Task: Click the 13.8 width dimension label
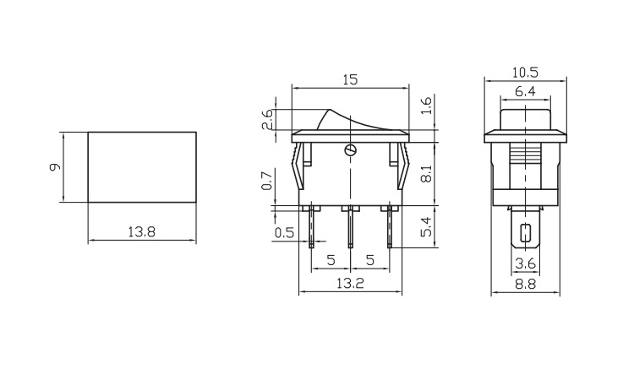141,232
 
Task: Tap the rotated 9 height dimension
55,167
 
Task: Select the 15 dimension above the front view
350,80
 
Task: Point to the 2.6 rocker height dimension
268,119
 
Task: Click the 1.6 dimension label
427,106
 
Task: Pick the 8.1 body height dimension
427,173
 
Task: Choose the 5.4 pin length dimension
427,226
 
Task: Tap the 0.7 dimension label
267,181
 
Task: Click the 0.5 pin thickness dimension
284,233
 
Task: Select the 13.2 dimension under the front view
350,284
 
